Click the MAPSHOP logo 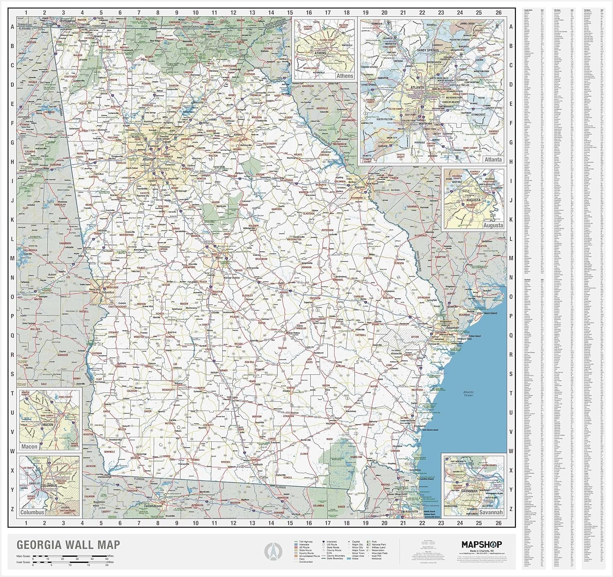[481, 544]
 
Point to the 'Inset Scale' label [24, 562]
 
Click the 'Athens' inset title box [345, 76]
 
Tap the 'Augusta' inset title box [493, 225]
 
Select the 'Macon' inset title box [29, 447]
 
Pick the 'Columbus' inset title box [32, 512]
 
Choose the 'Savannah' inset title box [491, 512]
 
